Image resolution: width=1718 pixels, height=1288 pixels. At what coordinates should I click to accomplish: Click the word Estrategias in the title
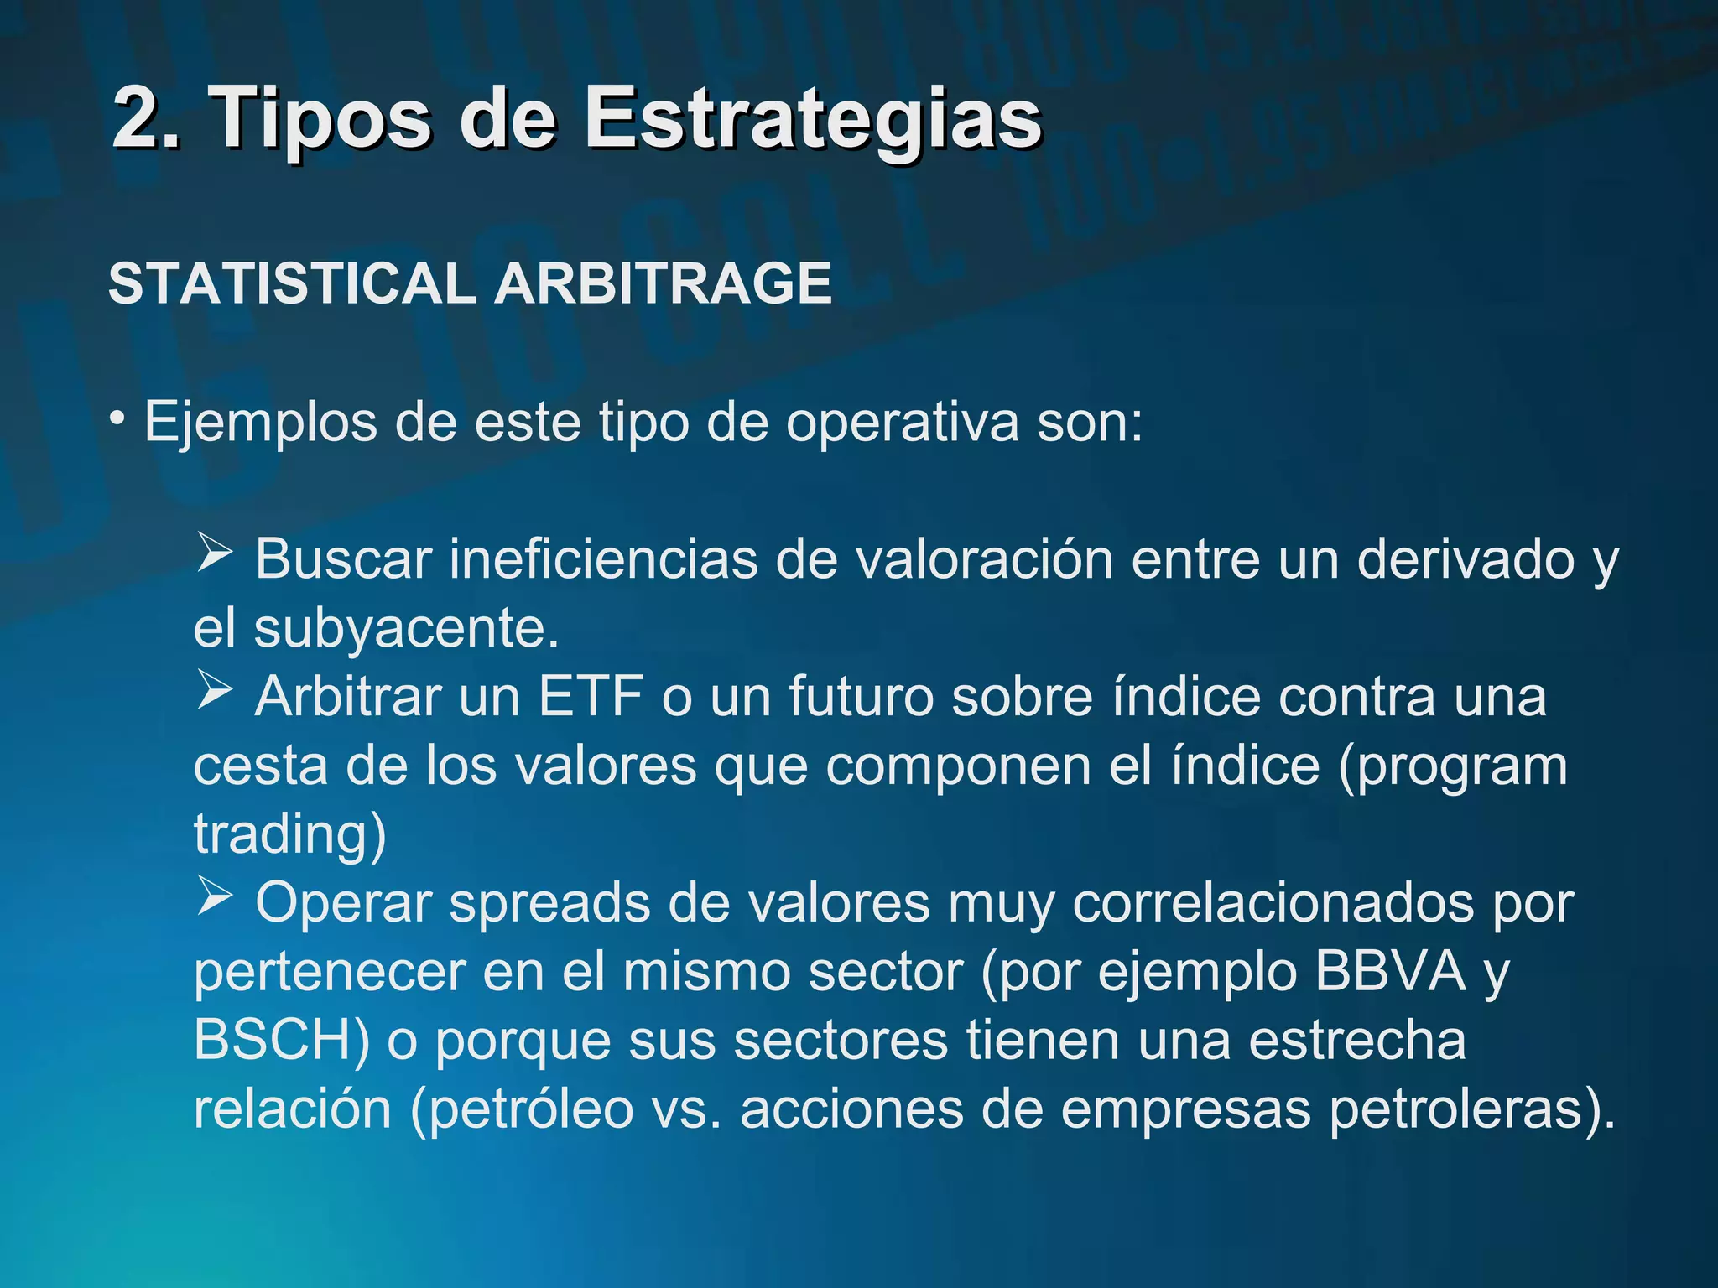pyautogui.click(x=812, y=119)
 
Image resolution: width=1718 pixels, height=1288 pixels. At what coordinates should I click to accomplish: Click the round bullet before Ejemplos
pyautogui.click(x=118, y=417)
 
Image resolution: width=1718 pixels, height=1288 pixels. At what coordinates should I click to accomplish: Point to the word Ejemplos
pyautogui.click(x=261, y=422)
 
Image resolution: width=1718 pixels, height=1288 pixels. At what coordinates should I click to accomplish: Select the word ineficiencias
pyautogui.click(x=603, y=559)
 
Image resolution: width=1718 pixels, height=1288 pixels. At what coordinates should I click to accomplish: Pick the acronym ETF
pyautogui.click(x=591, y=696)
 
